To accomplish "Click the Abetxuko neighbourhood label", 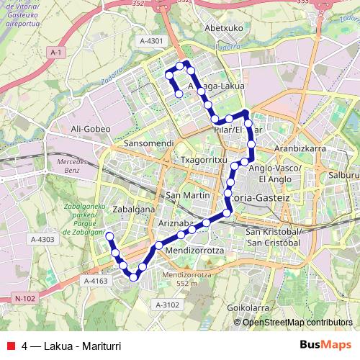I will [x=222, y=28].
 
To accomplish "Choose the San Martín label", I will [x=187, y=195].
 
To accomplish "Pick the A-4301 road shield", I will [x=152, y=40].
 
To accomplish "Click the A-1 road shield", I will [x=57, y=53].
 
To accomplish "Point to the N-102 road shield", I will [x=24, y=297].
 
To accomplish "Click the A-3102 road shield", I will [x=166, y=305].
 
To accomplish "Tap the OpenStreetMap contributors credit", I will [x=297, y=323].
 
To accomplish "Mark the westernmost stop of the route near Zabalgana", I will [x=109, y=236].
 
